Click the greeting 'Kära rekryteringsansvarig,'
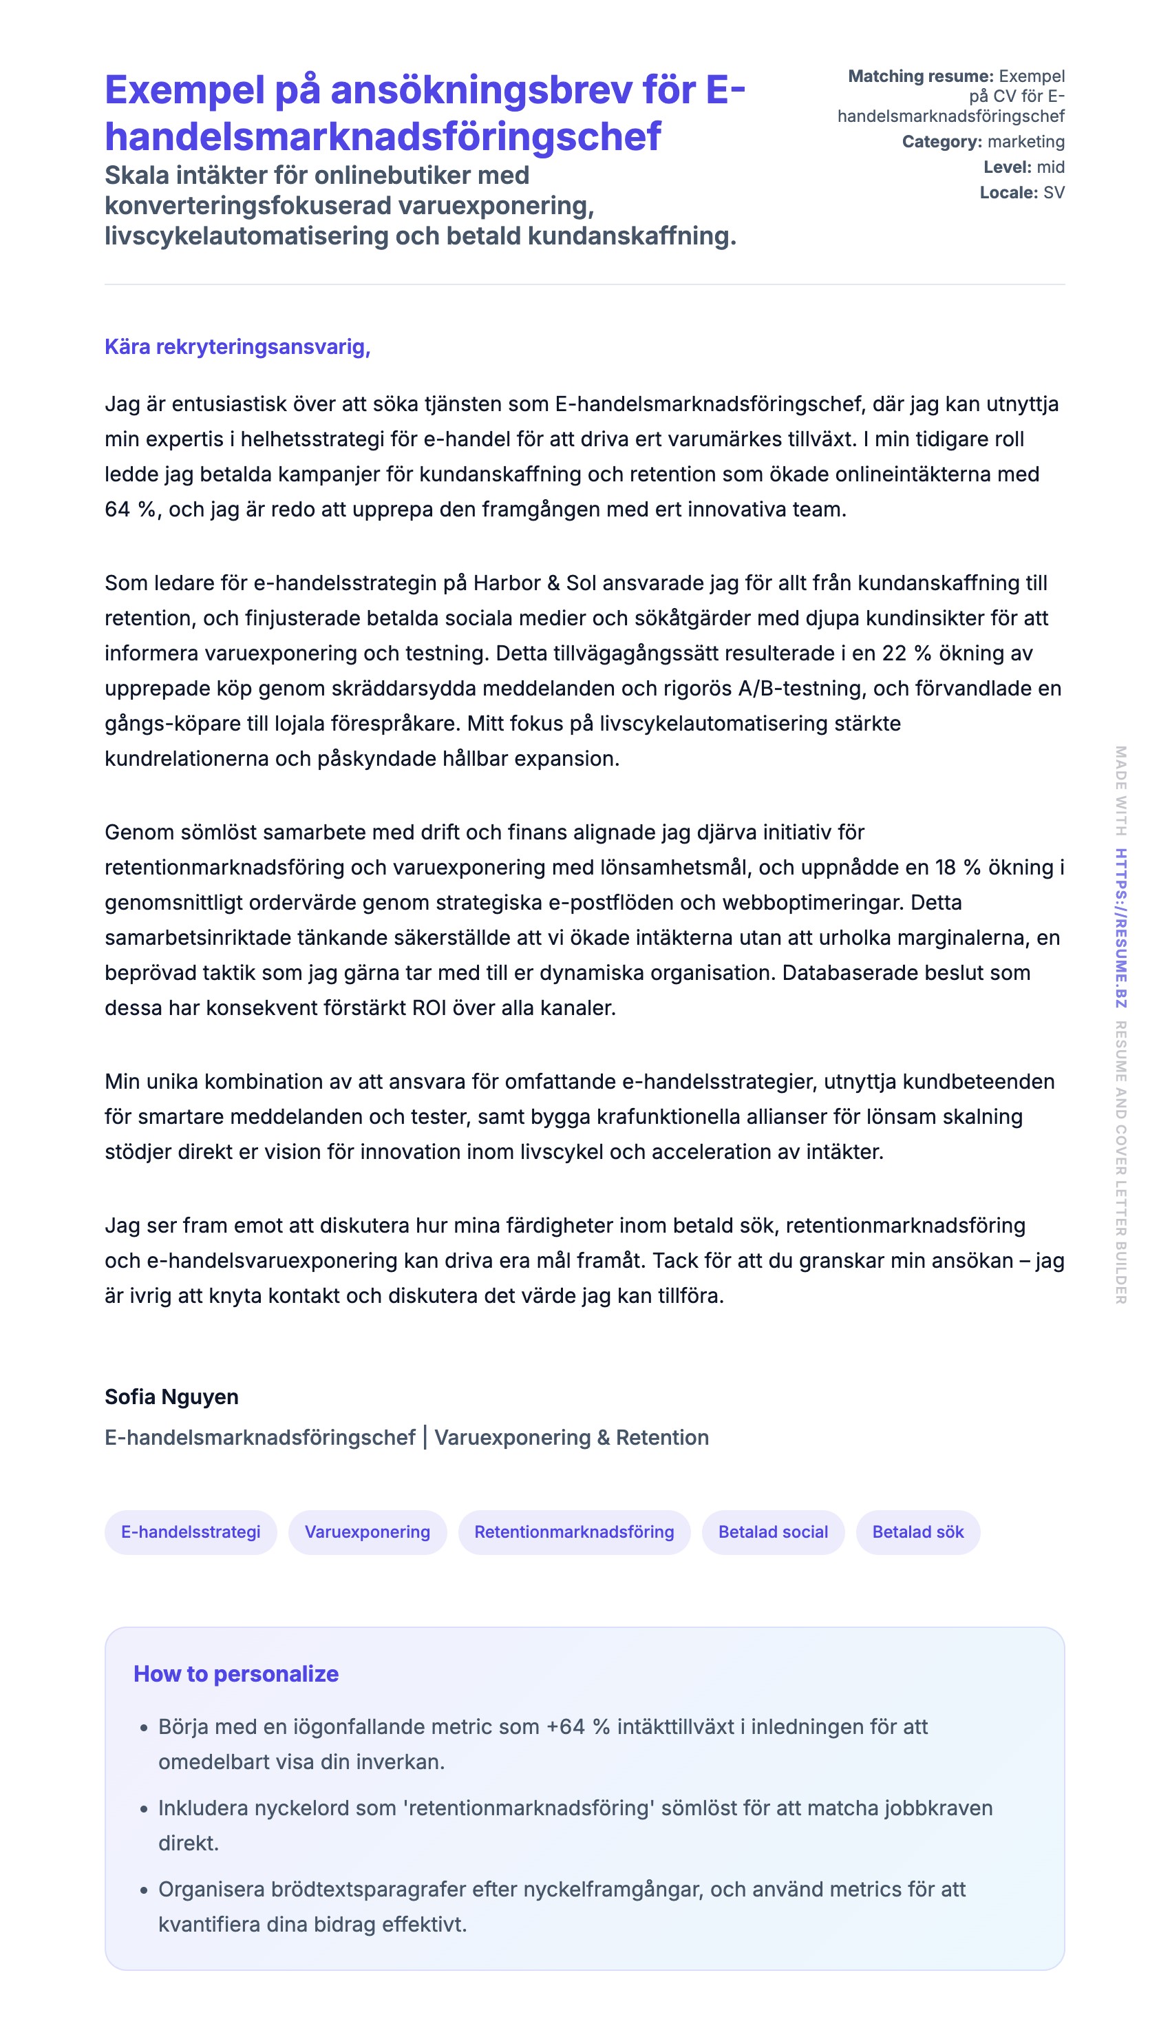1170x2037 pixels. (237, 346)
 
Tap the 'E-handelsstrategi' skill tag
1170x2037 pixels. (191, 1532)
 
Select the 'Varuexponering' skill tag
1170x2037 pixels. (368, 1532)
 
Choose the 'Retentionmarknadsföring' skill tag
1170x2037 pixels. (574, 1532)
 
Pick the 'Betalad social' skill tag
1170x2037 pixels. (773, 1532)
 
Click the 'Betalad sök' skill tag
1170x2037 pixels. (917, 1532)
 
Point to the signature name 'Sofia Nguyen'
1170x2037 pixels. (171, 1397)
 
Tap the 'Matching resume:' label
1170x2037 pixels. (921, 76)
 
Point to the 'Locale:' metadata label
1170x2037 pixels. (1008, 193)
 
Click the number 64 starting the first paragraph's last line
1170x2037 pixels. (117, 510)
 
